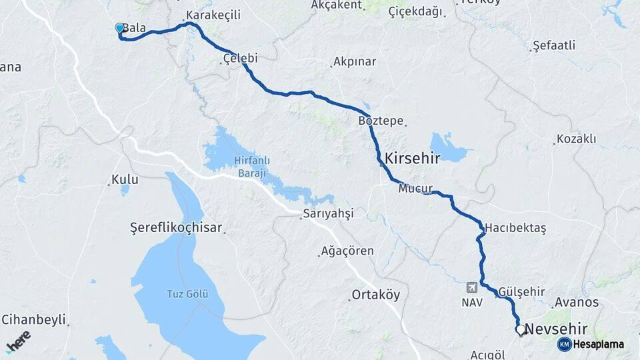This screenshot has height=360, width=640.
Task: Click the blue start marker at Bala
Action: click(x=119, y=28)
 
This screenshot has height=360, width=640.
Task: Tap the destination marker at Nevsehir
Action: click(x=520, y=329)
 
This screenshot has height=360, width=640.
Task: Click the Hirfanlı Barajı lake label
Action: click(x=250, y=167)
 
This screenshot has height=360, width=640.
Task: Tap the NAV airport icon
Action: click(x=472, y=287)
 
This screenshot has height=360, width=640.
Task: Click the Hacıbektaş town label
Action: click(x=515, y=228)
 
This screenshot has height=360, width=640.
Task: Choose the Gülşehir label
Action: click(x=521, y=292)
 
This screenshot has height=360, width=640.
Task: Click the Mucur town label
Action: click(x=415, y=189)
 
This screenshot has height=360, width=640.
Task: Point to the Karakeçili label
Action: click(x=213, y=15)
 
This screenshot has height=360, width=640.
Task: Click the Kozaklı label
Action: click(x=575, y=139)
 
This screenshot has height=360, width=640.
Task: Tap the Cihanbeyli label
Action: click(x=34, y=319)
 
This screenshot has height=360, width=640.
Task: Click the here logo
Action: click(x=18, y=340)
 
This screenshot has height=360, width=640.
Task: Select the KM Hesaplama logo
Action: click(x=591, y=344)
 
